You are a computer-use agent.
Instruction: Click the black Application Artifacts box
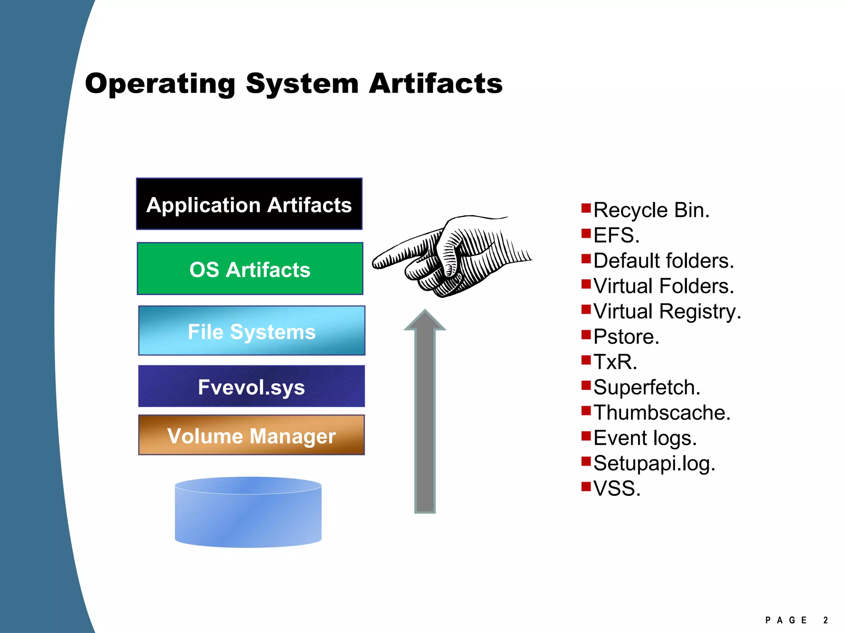[x=249, y=204]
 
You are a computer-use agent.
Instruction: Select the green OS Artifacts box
[x=250, y=269]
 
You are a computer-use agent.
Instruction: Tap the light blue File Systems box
[x=251, y=331]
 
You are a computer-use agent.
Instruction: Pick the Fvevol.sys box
[x=251, y=386]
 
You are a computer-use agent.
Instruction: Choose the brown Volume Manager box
[x=251, y=435]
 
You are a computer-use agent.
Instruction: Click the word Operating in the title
[x=160, y=84]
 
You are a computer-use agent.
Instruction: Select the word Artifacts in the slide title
[x=436, y=84]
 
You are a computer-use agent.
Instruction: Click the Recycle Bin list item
[x=651, y=210]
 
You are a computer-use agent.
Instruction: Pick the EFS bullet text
[x=616, y=235]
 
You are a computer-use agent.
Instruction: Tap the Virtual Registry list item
[x=667, y=312]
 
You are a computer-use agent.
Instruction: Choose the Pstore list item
[x=626, y=337]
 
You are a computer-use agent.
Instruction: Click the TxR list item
[x=615, y=362]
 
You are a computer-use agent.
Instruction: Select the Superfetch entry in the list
[x=647, y=387]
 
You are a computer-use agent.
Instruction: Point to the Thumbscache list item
[x=662, y=413]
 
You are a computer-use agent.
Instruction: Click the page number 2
[x=825, y=620]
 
